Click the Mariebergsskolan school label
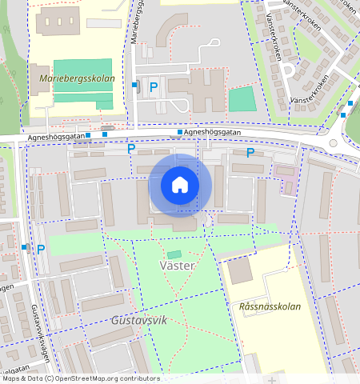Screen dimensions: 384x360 point(77,79)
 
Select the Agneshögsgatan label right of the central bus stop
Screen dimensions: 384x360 point(212,131)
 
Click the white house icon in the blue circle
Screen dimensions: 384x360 point(180,186)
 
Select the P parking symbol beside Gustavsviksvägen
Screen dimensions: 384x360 point(41,249)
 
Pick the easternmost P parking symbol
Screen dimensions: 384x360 point(250,153)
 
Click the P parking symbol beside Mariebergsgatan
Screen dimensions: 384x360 point(153,86)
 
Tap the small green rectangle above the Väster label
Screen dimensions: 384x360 point(174,254)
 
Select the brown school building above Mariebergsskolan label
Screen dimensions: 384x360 point(58,23)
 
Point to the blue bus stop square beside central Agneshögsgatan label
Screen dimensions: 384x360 point(179,132)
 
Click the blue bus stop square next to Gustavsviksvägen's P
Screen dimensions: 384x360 point(25,248)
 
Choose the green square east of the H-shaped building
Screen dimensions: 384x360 point(242,99)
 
